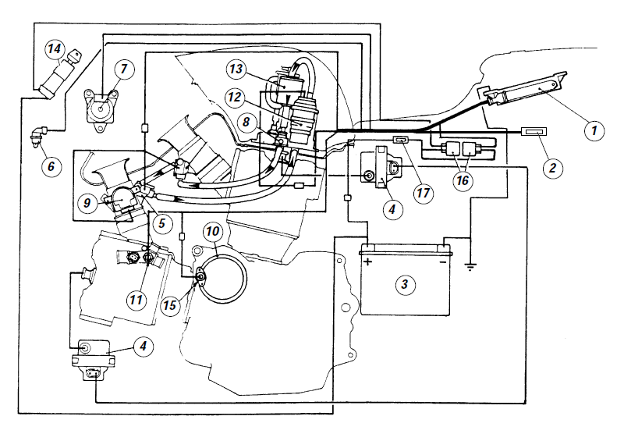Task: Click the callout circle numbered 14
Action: click(x=55, y=49)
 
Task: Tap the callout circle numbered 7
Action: click(x=124, y=69)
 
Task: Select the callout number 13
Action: click(x=236, y=69)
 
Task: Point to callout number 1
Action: click(x=594, y=130)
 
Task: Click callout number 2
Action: click(x=553, y=167)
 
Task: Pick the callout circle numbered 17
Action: click(x=423, y=193)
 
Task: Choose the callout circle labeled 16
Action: click(x=463, y=180)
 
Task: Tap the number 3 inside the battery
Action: click(x=405, y=284)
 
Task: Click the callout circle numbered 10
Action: click(x=212, y=232)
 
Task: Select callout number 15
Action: click(x=170, y=305)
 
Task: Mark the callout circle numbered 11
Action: click(x=136, y=299)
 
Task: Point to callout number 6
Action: click(x=51, y=165)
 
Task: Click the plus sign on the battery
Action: click(x=368, y=261)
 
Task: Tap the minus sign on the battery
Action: click(x=442, y=262)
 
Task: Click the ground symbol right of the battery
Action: click(x=470, y=266)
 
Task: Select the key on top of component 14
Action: click(x=74, y=56)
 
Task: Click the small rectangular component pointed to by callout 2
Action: click(x=534, y=131)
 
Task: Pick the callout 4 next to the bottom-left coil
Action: click(x=144, y=346)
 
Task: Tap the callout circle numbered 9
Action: click(x=87, y=203)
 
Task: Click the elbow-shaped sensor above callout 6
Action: click(x=40, y=135)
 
